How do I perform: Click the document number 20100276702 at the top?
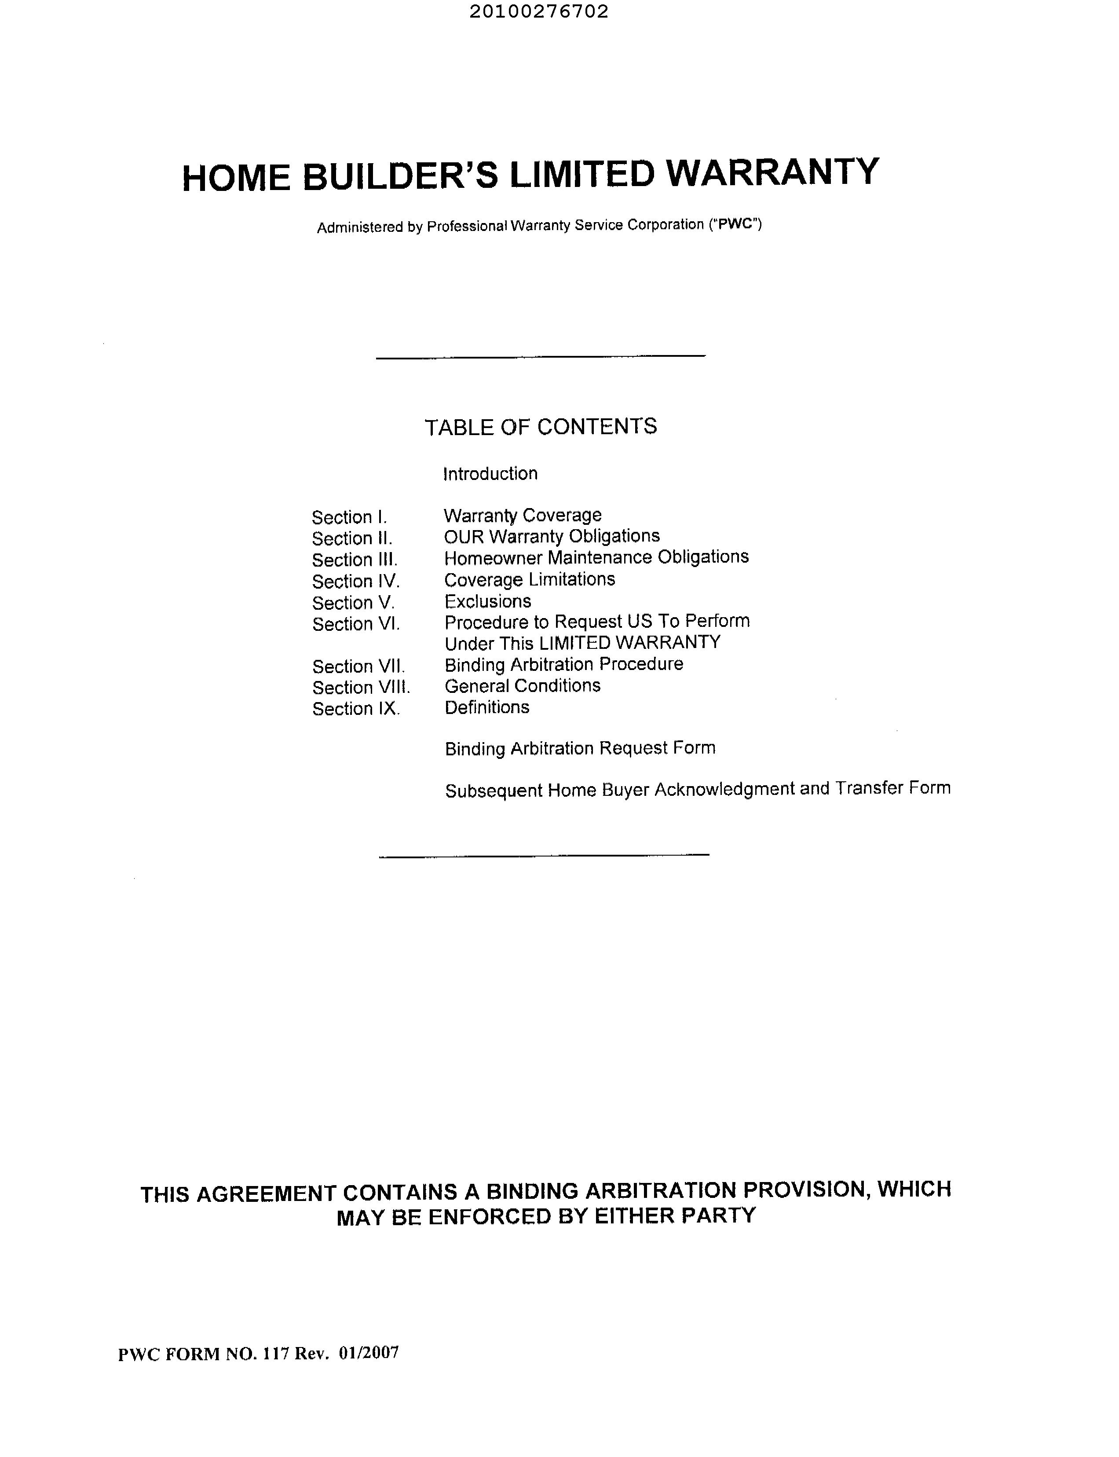539,12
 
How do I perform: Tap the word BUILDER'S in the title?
401,176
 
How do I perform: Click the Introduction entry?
490,474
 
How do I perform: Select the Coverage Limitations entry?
530,580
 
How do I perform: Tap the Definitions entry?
487,707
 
